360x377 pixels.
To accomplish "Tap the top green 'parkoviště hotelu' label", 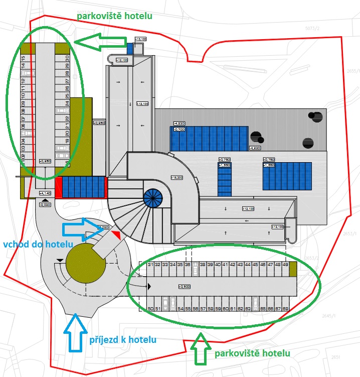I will point(114,16).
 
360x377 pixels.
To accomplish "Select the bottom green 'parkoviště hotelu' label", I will point(252,353).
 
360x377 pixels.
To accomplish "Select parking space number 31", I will point(150,265).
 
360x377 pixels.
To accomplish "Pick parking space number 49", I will point(285,265).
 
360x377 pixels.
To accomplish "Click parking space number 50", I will point(150,309).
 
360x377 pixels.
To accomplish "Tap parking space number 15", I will point(24,59).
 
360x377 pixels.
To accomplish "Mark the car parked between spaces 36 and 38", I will point(195,265).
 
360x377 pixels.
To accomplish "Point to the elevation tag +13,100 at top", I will point(140,39).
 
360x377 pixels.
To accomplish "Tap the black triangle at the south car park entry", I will point(149,287).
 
